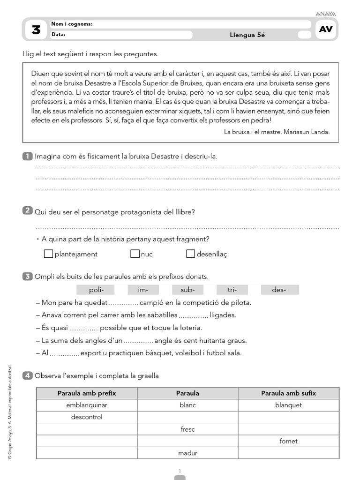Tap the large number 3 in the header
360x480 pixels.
point(36,30)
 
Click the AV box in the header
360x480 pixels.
point(326,30)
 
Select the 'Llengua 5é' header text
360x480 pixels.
point(247,35)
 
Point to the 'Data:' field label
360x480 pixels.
point(58,34)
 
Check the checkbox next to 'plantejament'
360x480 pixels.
point(48,254)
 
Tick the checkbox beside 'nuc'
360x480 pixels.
point(135,254)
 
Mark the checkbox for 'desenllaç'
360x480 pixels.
point(190,254)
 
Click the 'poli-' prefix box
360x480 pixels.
point(95,290)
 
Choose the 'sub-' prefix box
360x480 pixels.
point(187,290)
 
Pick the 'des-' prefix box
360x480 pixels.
point(279,290)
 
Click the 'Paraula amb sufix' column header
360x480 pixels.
point(288,393)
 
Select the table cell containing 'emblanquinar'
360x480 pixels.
point(87,405)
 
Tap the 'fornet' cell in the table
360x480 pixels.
point(288,441)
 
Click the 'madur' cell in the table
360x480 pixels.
point(187,453)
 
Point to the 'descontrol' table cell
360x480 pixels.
point(87,417)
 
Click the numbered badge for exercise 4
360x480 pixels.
point(27,375)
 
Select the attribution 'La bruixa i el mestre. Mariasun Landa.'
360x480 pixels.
point(277,132)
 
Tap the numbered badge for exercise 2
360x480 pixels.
point(27,211)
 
